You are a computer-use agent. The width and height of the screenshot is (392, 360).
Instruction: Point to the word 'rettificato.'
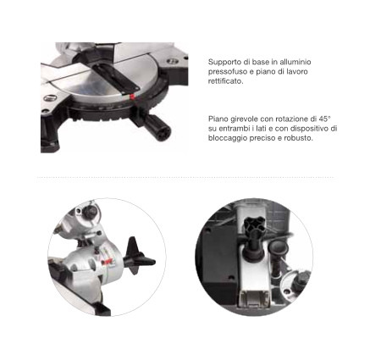(x=226, y=81)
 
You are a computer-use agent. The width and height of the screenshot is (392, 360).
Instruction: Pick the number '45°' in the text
(x=325, y=119)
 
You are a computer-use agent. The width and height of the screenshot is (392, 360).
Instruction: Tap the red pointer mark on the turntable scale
(x=132, y=97)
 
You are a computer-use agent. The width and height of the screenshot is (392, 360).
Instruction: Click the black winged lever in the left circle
(x=139, y=257)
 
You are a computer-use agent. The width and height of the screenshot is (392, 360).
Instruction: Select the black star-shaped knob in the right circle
(x=253, y=224)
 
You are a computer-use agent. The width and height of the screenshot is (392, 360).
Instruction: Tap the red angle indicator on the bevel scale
(x=108, y=262)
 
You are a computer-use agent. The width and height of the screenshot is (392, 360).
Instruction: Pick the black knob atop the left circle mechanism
(x=91, y=211)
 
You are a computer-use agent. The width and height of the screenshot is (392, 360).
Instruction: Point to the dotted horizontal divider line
(x=185, y=178)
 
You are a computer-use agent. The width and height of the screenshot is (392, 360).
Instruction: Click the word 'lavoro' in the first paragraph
(x=297, y=71)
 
